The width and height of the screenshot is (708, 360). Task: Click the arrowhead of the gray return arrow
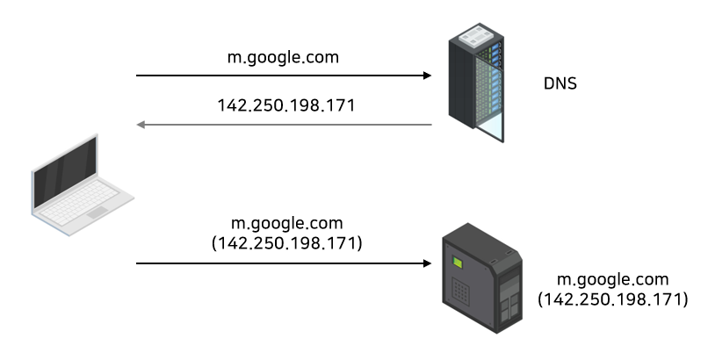tap(141, 125)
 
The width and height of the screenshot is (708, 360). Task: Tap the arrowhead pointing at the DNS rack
tap(428, 76)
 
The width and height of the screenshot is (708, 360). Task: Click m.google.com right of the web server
tap(612, 280)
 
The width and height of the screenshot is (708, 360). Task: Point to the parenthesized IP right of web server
tap(612, 299)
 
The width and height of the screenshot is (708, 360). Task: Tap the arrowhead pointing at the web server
tap(428, 263)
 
